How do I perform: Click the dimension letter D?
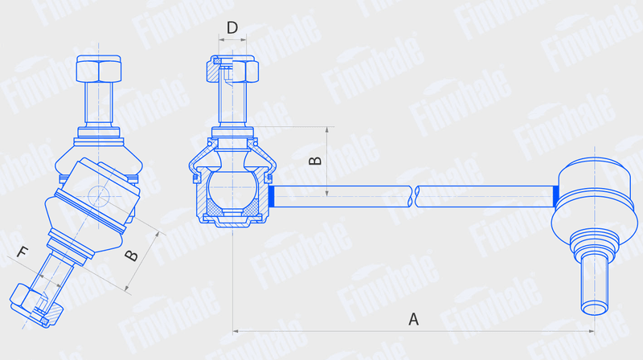coord(232,27)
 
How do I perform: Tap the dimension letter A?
coord(413,318)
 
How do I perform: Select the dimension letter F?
coord(23,252)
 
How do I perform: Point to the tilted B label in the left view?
coord(131,256)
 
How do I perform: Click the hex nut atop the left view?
coord(98,68)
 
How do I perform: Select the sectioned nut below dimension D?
coord(232,69)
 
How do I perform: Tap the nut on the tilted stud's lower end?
coord(35,305)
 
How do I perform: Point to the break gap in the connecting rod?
coord(413,196)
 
